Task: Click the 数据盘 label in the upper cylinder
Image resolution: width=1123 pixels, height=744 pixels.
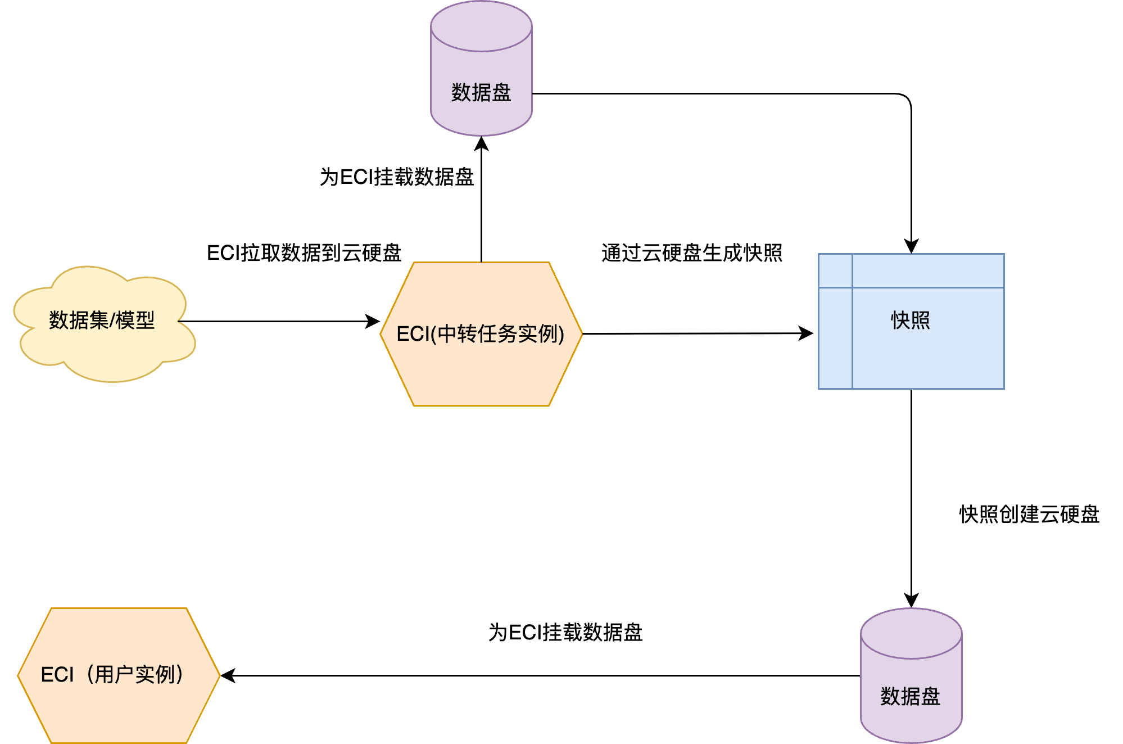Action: [481, 92]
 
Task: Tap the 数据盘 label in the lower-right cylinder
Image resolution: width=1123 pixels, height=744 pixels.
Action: [911, 696]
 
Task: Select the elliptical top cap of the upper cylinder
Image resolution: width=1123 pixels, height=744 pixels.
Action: [481, 26]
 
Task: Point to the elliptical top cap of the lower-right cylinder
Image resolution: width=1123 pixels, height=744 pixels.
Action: [911, 633]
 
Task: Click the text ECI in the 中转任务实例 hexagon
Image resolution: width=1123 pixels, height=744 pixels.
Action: [413, 334]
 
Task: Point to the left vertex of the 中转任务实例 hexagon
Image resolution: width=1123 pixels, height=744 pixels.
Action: [382, 334]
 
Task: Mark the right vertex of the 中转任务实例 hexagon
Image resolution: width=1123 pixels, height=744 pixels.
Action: [582, 334]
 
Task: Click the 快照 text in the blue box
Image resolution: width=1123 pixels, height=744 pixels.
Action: [911, 320]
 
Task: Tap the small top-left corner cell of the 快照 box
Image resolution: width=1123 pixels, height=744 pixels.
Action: [835, 270]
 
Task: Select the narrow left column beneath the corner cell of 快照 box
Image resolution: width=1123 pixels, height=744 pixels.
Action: [835, 337]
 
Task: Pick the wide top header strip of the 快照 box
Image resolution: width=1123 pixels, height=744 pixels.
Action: [928, 270]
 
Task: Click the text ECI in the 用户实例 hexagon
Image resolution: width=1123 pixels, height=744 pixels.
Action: [57, 674]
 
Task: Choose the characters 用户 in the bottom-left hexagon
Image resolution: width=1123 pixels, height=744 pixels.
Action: [114, 674]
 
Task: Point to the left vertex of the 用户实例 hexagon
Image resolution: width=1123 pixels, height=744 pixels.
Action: [19, 675]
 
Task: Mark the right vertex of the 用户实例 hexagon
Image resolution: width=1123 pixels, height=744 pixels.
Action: [219, 675]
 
